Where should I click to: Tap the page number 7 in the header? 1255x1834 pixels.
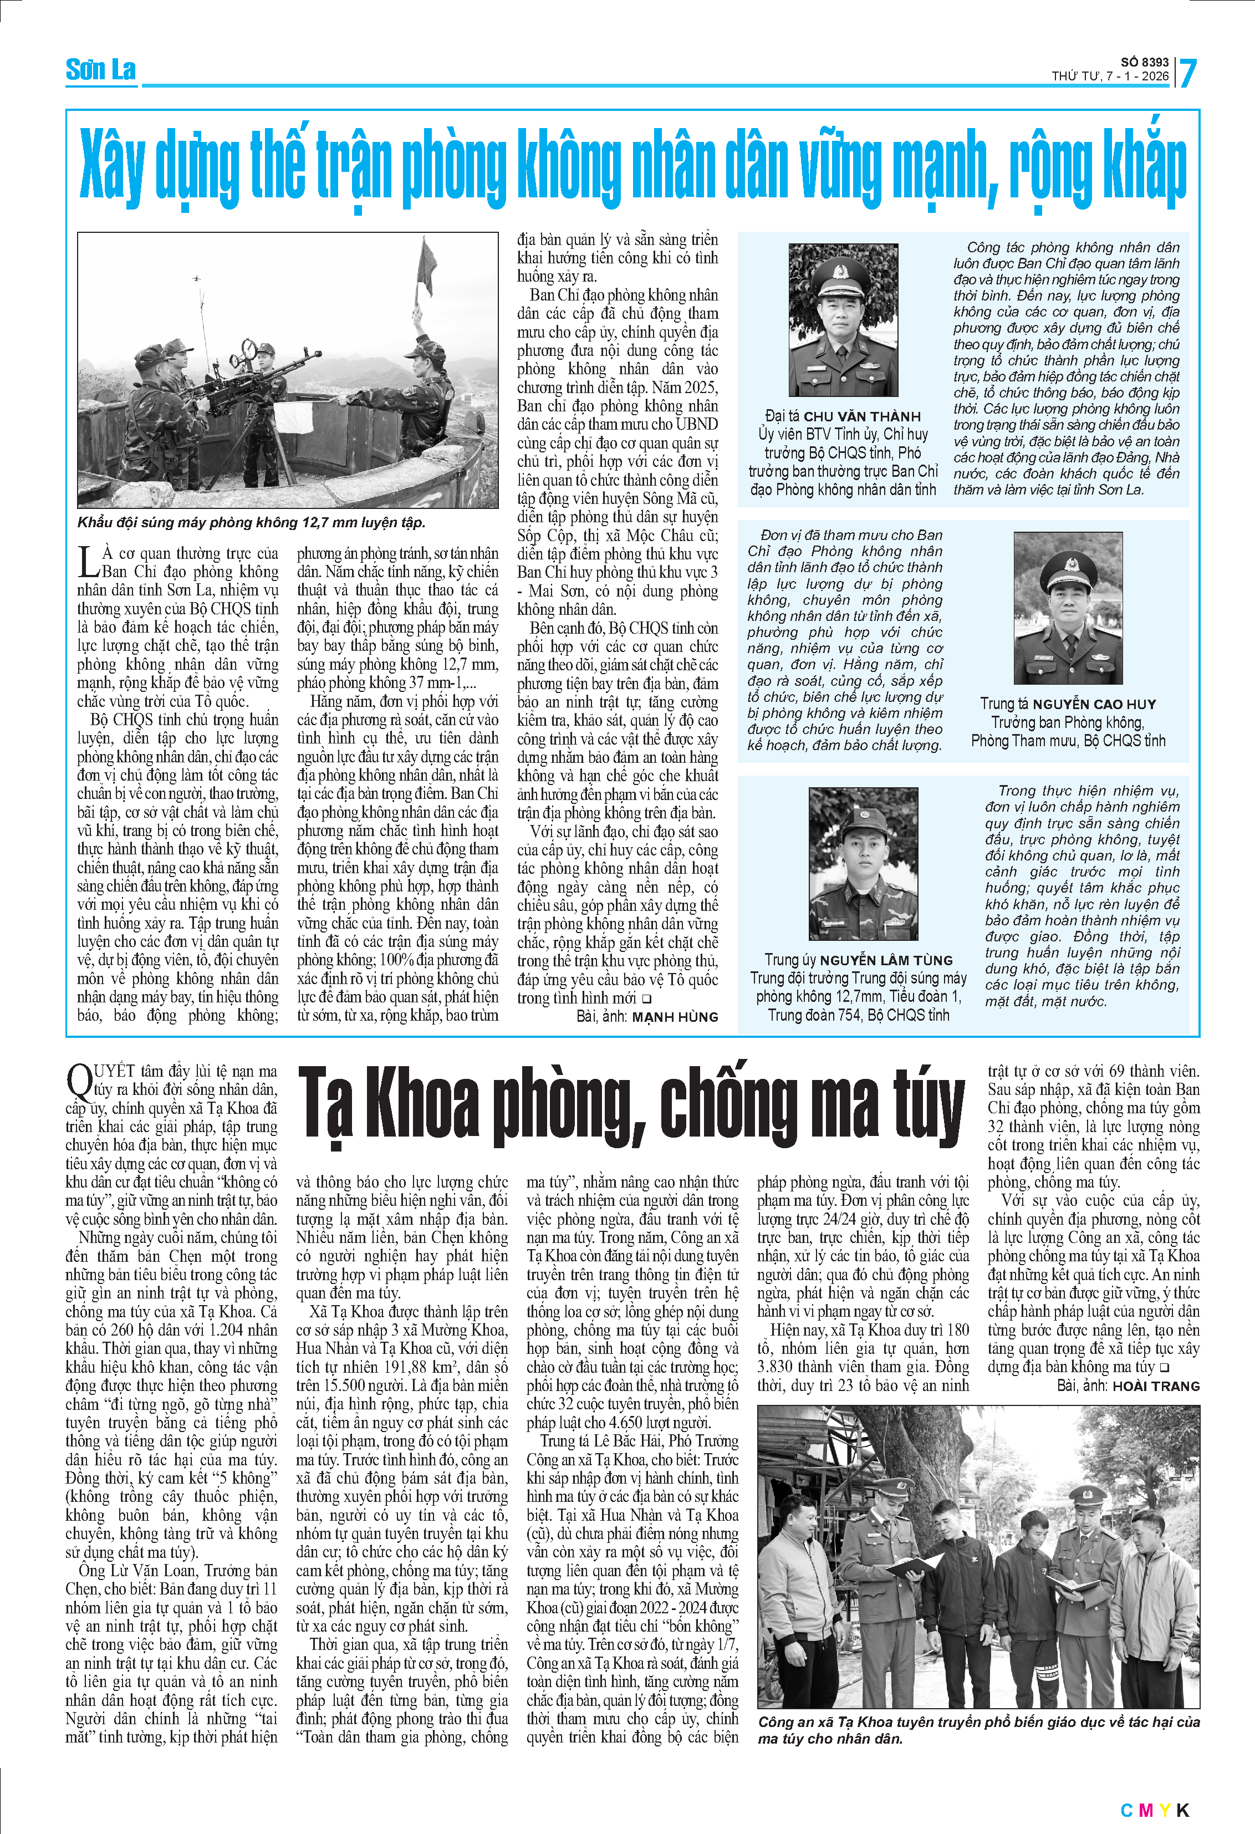tap(1187, 73)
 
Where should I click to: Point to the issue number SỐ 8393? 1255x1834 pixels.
tap(1145, 62)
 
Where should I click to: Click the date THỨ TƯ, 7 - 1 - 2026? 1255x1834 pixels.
tap(1110, 77)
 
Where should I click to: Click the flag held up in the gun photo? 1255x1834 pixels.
tap(428, 262)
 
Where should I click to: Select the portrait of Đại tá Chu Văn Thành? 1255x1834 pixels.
tap(843, 319)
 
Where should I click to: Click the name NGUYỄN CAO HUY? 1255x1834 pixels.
tap(1094, 704)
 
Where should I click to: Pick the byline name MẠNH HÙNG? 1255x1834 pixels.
tap(675, 1017)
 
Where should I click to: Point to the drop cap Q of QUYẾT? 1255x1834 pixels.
tap(78, 1079)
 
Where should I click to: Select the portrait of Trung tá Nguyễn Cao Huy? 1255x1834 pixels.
tap(1068, 608)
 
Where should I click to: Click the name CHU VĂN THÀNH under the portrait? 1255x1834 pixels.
tap(862, 416)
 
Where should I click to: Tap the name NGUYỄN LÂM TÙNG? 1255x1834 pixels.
tap(886, 960)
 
